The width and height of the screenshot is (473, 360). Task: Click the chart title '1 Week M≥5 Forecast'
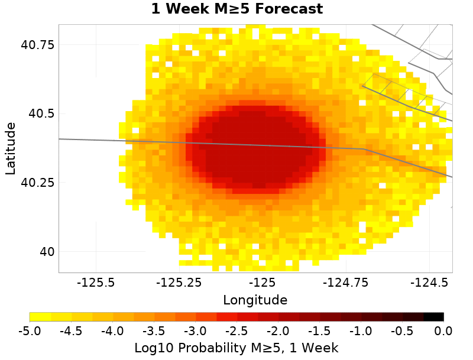pos(237,9)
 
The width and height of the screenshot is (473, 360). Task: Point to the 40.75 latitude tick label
pos(38,45)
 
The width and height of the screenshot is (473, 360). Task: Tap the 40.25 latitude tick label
pos(38,183)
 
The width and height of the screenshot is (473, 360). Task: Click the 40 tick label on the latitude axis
pos(46,252)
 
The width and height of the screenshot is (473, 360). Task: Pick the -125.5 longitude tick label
pos(98,283)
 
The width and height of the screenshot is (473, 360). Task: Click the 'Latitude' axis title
pos(11,148)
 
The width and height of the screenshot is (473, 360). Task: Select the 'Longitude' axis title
pos(255,300)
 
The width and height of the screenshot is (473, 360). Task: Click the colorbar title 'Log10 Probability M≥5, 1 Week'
pos(237,346)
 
